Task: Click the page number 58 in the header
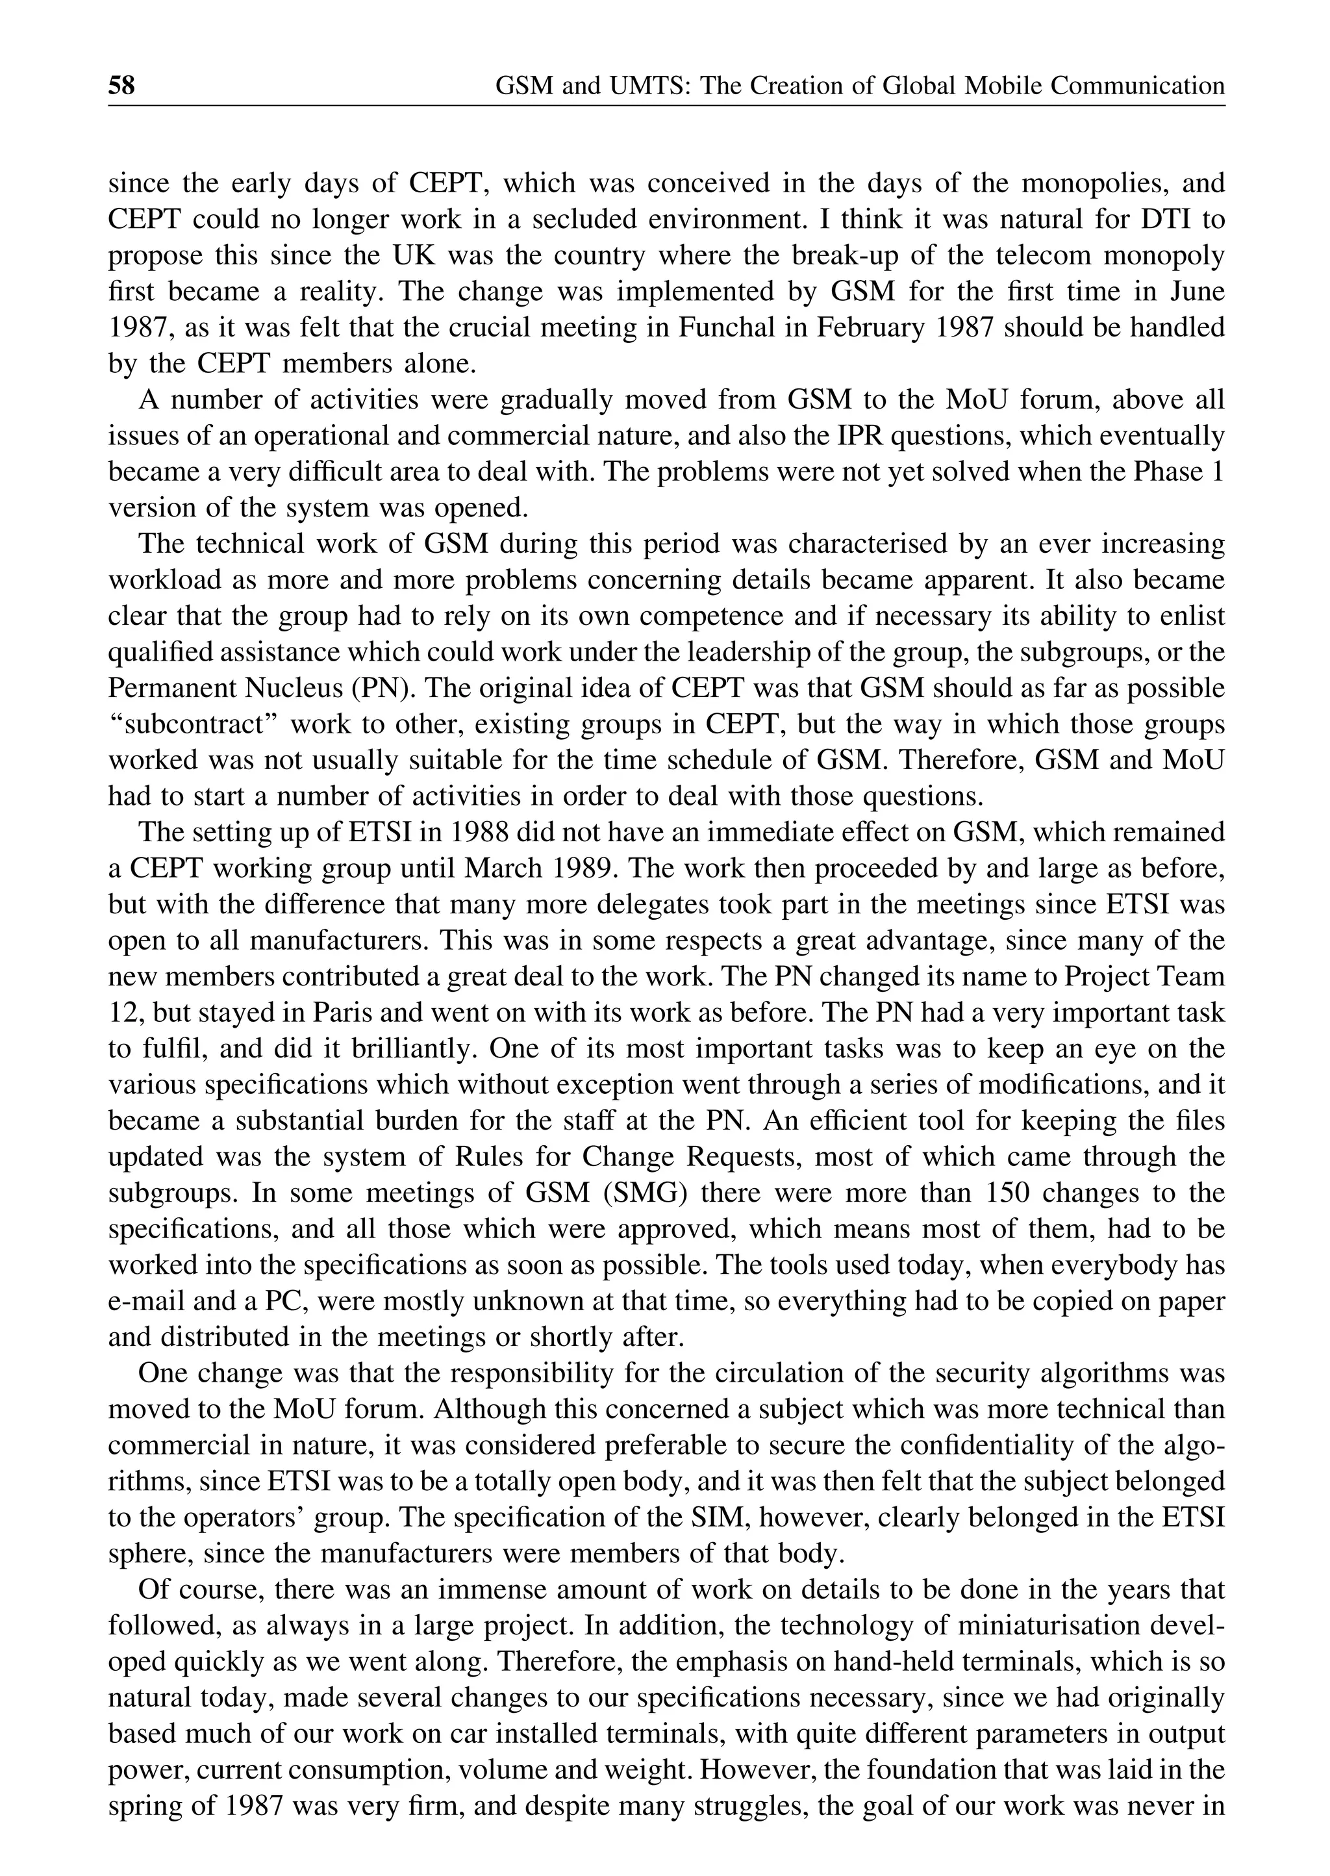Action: click(121, 85)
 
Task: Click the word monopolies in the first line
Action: click(1086, 183)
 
